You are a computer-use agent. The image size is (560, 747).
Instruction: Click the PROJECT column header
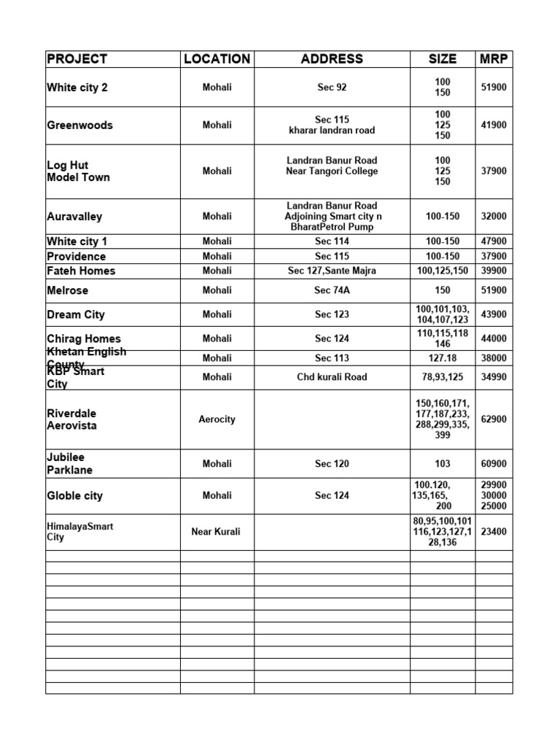coord(77,59)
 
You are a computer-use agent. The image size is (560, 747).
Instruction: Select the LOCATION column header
coord(217,59)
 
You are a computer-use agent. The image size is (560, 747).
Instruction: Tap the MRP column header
coord(494,59)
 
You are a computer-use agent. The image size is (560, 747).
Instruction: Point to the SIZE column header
coord(443,59)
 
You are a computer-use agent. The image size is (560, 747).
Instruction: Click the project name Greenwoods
coord(79,125)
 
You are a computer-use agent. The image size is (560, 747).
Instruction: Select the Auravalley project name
coord(74,217)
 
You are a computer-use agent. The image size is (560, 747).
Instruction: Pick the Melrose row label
coord(67,290)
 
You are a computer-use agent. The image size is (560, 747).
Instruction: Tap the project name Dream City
coord(75,314)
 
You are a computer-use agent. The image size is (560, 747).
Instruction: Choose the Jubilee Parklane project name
coord(69,464)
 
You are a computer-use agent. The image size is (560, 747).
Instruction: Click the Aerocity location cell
coord(217,419)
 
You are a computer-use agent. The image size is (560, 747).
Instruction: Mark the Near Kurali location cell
coord(217,532)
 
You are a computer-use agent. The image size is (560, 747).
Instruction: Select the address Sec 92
coord(332,88)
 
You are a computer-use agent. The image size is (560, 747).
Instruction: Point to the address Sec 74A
coord(332,290)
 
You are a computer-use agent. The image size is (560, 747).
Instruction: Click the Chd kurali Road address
coord(332,377)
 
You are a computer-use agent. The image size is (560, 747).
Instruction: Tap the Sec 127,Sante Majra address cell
coord(332,271)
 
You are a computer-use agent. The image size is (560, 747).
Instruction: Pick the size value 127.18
coord(443,358)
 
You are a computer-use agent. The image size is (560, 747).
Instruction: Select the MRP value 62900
coord(494,419)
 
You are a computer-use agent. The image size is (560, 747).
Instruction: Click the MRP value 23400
coord(494,532)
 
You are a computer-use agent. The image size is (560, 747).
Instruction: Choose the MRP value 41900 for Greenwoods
coord(494,125)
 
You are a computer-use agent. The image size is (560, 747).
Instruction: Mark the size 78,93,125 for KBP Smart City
coord(443,377)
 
